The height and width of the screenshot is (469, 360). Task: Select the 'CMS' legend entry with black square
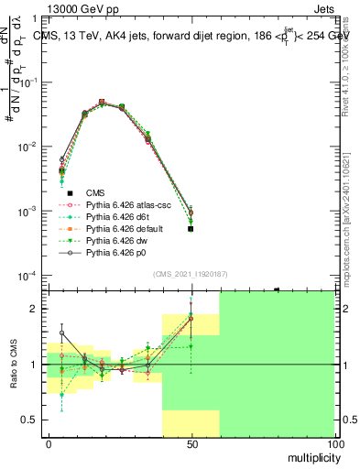[95, 192]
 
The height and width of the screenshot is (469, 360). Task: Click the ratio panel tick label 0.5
[28, 420]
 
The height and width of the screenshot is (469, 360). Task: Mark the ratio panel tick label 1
[32, 365]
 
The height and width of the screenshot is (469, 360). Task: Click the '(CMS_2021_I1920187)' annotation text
[191, 274]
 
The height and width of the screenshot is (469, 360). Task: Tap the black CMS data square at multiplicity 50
[191, 229]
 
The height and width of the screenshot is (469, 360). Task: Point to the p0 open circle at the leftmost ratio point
[62, 333]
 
